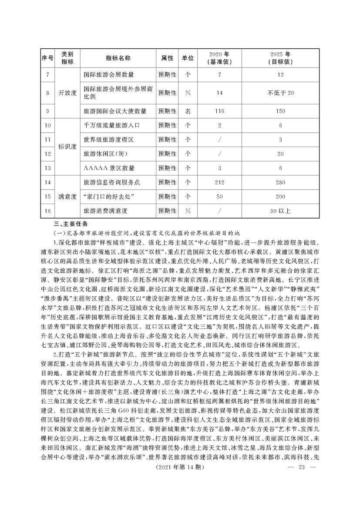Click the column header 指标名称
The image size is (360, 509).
tap(118, 58)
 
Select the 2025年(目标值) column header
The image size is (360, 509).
tap(280, 58)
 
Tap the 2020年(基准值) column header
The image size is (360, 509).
tap(219, 58)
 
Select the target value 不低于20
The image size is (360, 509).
tap(280, 93)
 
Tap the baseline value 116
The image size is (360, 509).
tap(219, 111)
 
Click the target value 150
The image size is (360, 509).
tap(280, 111)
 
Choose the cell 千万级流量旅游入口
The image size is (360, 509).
tap(111, 125)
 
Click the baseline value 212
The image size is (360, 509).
tap(219, 182)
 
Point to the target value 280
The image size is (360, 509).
tap(280, 182)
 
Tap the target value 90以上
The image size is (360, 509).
tap(280, 211)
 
